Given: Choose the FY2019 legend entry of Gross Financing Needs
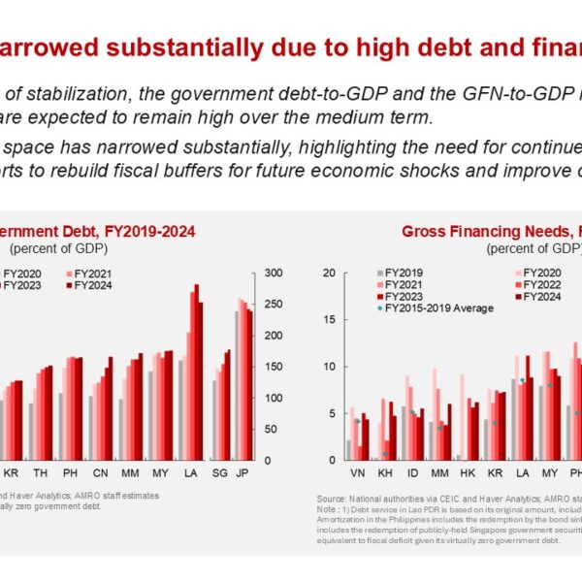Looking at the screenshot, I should (405, 274).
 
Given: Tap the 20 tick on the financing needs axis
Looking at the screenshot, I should (329, 273).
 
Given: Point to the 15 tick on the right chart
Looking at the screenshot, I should (329, 320).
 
